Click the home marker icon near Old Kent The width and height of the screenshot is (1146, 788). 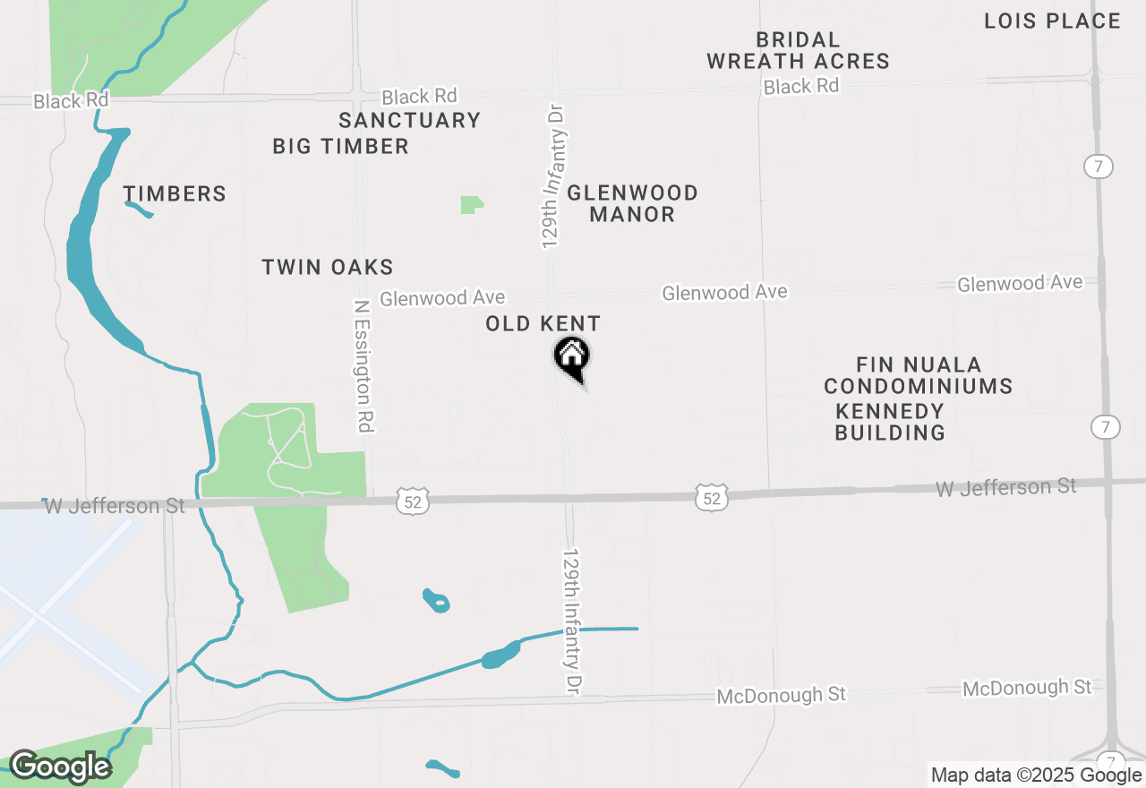[x=571, y=357]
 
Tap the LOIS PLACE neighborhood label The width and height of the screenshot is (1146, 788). [x=1052, y=21]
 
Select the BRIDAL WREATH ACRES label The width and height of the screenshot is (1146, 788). [x=798, y=51]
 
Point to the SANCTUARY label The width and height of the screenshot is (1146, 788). [x=409, y=120]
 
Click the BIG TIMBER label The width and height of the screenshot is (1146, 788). [x=340, y=146]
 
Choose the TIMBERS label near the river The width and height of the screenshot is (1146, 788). [x=175, y=193]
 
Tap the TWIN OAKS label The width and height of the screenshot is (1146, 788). [x=327, y=267]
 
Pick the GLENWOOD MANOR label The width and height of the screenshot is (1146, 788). [x=632, y=203]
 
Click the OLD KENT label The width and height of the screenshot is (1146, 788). [x=543, y=323]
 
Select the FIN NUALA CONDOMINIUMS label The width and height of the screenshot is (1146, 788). [x=919, y=376]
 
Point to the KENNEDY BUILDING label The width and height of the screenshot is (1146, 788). [x=890, y=422]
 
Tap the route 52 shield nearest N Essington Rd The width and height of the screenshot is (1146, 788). [x=412, y=501]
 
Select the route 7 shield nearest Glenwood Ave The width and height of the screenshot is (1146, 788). [x=1098, y=167]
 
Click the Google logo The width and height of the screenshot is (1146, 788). [x=60, y=767]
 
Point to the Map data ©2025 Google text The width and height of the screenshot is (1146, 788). [x=1036, y=775]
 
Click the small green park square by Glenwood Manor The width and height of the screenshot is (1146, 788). [x=471, y=205]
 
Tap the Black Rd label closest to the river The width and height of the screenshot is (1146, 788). [x=71, y=100]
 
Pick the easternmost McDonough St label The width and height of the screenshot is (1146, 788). [x=1027, y=688]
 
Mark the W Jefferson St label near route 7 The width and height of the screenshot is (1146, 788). [x=1005, y=487]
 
